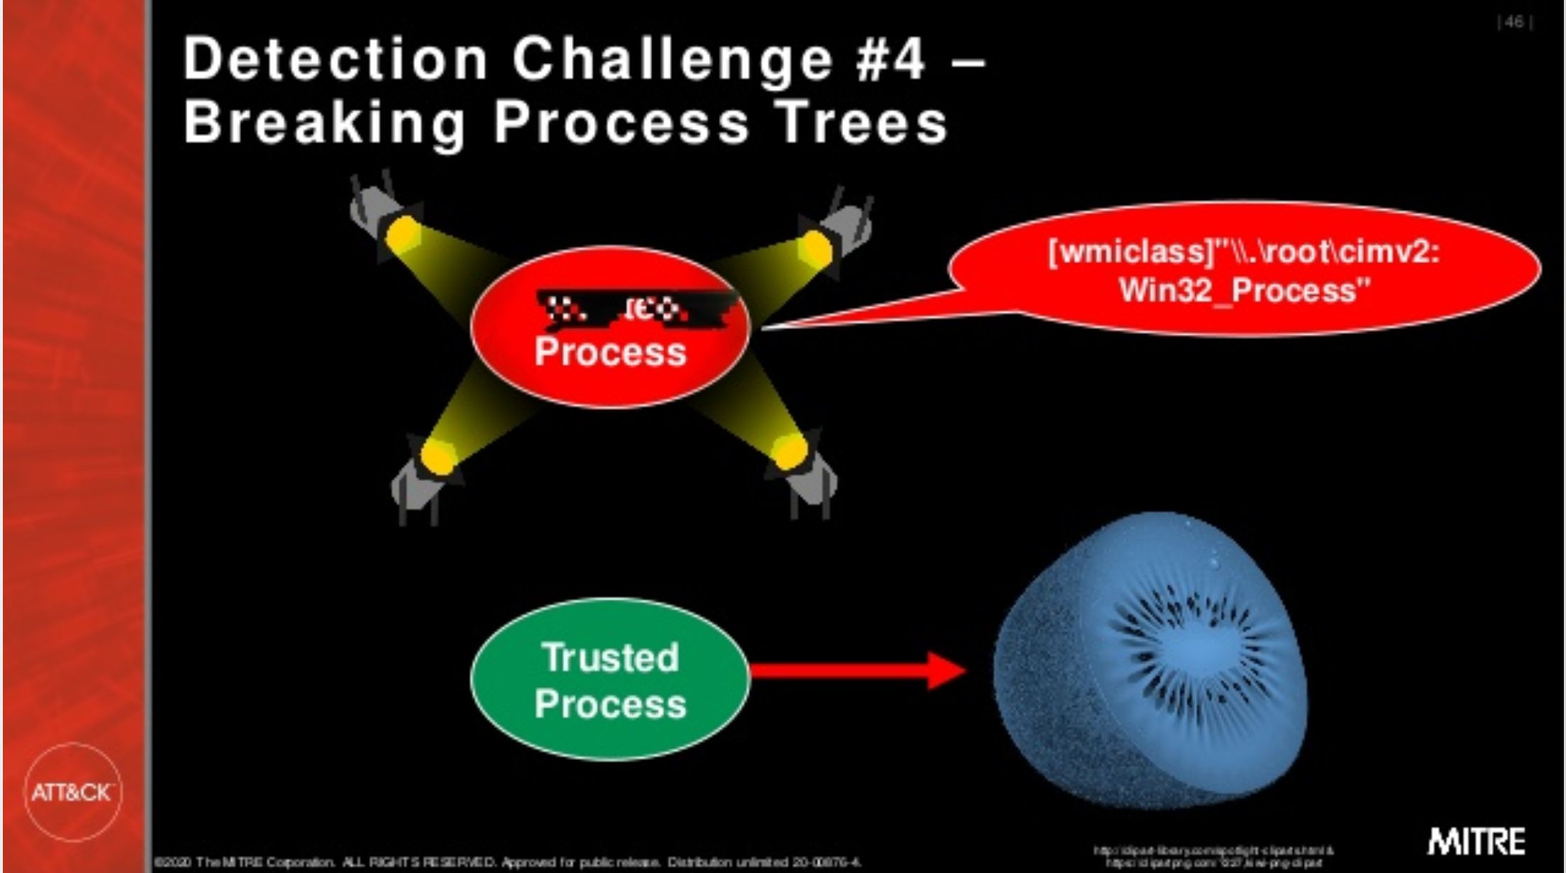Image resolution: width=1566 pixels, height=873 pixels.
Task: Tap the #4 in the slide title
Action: point(890,60)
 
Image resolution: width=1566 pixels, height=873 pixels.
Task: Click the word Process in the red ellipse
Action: point(610,352)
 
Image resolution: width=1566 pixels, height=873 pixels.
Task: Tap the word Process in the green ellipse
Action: point(610,704)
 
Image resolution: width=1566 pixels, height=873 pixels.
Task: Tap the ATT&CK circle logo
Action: point(72,792)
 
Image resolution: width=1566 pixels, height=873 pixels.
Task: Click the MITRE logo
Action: point(1476,842)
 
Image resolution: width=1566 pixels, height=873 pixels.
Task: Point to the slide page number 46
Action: point(1514,23)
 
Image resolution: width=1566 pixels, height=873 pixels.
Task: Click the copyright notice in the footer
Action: point(507,862)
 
